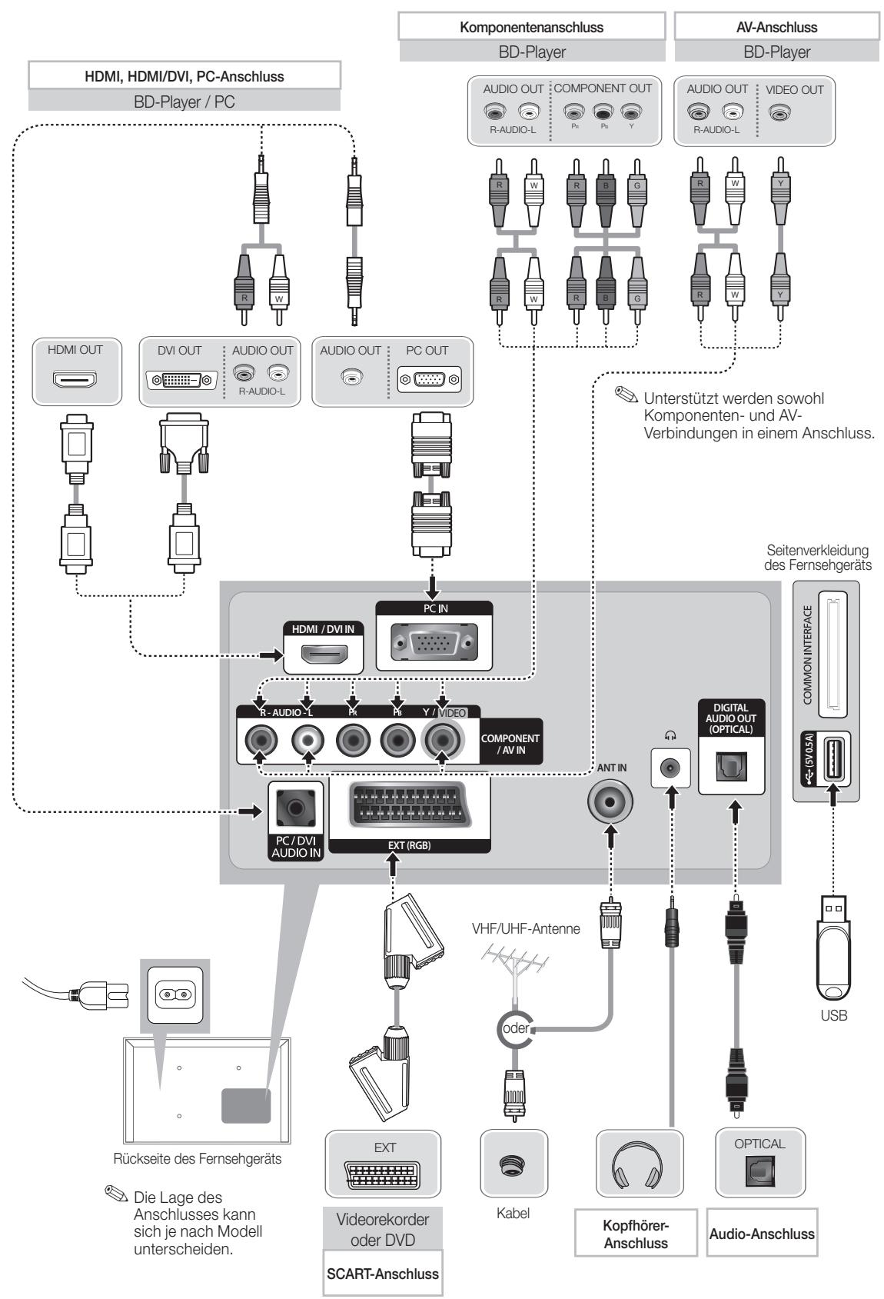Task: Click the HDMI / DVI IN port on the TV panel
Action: click(x=324, y=656)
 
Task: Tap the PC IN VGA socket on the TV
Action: click(x=434, y=642)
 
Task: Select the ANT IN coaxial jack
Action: click(x=610, y=801)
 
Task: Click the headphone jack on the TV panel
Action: click(x=670, y=768)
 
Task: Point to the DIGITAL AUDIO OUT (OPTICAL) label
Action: click(x=731, y=718)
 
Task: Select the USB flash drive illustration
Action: click(x=833, y=948)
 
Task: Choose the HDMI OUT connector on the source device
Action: click(x=75, y=379)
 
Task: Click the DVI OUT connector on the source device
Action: click(x=181, y=381)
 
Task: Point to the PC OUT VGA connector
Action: click(x=430, y=380)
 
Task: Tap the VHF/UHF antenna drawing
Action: click(x=515, y=968)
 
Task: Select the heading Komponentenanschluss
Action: click(x=532, y=27)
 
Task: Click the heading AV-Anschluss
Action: click(x=776, y=27)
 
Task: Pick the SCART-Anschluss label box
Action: click(x=383, y=1274)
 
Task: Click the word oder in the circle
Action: click(x=515, y=1028)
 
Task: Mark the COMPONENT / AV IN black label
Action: click(x=510, y=744)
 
